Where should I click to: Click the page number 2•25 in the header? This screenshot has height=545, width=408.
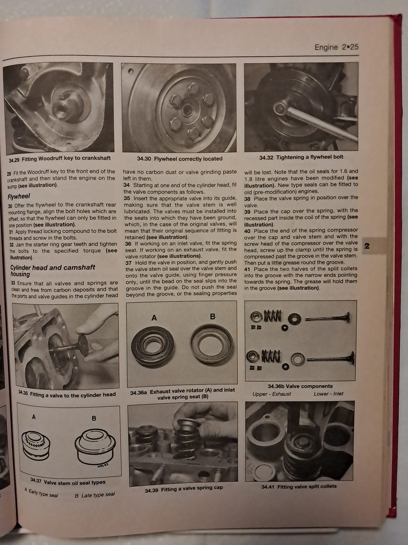(350, 47)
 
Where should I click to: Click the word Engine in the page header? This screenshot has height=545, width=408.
(326, 47)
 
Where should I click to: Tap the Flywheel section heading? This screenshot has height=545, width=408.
(19, 196)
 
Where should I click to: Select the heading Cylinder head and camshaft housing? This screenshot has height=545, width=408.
(53, 270)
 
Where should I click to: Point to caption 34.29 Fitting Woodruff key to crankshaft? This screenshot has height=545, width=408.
(59, 159)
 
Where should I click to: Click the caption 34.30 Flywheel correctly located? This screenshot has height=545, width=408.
(180, 159)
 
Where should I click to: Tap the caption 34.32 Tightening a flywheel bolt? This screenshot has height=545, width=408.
(301, 157)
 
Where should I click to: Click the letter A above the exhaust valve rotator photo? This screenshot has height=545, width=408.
(154, 318)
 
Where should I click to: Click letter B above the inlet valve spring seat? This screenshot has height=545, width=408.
(212, 317)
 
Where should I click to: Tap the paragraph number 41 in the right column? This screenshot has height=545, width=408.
(247, 269)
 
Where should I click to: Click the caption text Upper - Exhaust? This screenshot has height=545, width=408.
(272, 394)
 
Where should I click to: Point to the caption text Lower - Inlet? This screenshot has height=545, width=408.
(329, 394)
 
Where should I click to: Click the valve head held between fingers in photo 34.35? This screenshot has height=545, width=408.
(83, 344)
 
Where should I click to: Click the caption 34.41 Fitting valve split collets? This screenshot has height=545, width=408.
(299, 486)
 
